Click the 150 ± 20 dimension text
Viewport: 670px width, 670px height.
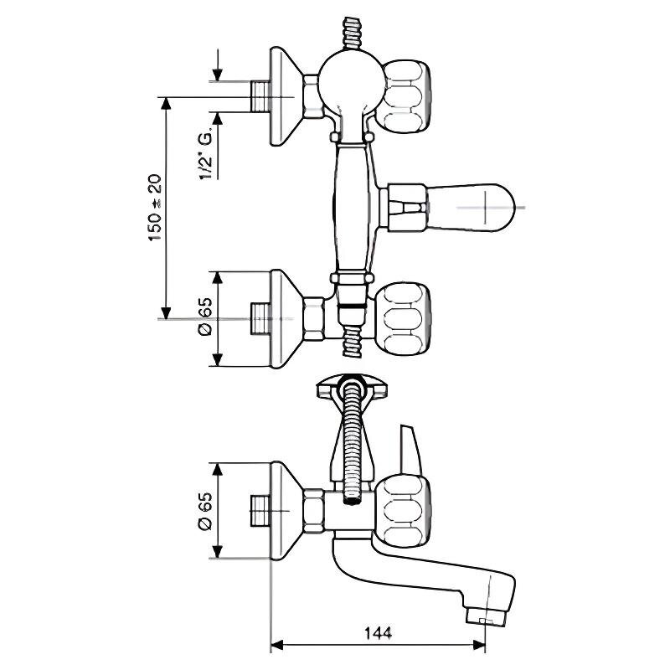(155, 208)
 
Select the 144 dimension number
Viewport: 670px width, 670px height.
(379, 632)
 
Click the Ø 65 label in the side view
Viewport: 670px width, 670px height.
(205, 512)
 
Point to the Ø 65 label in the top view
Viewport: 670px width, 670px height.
(205, 317)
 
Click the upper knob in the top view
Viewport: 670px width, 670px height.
(406, 96)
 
